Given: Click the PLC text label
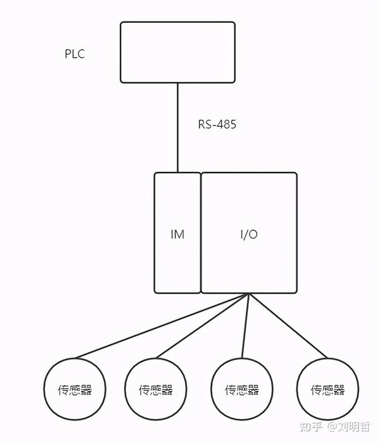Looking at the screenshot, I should tap(74, 54).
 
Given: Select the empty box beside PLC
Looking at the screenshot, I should tap(177, 51).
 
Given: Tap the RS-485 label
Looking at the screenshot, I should tap(217, 125).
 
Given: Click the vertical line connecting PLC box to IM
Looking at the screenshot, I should tap(177, 127).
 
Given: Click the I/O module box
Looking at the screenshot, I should tap(249, 203).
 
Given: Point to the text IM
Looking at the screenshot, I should tap(177, 235).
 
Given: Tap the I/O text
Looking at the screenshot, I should tap(249, 235).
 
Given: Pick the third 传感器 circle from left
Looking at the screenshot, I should tap(241, 388).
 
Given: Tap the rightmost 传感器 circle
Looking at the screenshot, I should tap(327, 388).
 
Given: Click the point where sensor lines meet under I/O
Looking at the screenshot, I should tap(250, 294).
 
